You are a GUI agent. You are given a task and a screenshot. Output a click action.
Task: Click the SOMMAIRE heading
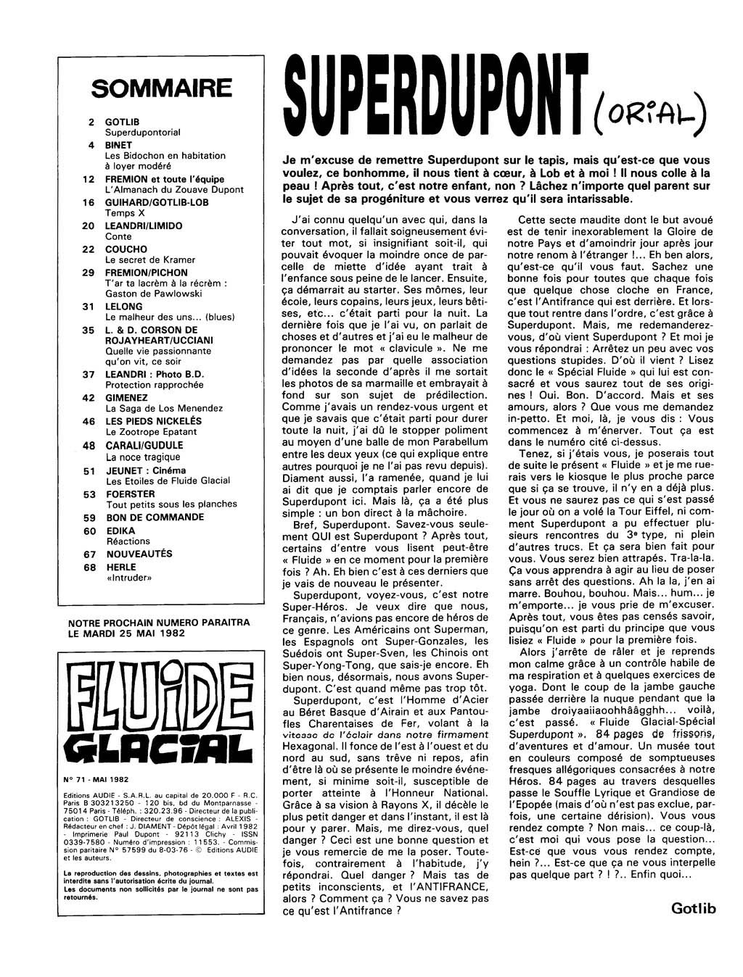pos(162,89)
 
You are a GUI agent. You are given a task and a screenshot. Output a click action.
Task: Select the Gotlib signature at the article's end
pos(693,908)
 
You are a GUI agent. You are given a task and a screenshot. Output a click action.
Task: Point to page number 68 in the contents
pos(89,568)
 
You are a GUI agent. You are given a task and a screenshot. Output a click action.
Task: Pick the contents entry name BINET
pos(119,145)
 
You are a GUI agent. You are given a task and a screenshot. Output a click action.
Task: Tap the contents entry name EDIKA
pos(120,531)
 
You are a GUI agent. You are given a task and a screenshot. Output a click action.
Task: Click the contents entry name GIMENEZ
pos(128,398)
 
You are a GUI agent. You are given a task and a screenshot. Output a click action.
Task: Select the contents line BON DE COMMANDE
pos(155,517)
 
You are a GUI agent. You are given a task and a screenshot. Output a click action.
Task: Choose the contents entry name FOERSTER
pos(131,494)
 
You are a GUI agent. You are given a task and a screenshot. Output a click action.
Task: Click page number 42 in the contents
pos(89,398)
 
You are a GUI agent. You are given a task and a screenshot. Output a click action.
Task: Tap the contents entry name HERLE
pos(120,568)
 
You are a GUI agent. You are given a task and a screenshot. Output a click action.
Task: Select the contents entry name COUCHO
pos(126,249)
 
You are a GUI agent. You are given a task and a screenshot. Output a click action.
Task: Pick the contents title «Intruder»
pos(128,578)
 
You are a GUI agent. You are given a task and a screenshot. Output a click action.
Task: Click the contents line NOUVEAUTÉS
pos(139,554)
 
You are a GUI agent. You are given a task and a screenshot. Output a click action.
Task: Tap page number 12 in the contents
pos(89,179)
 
